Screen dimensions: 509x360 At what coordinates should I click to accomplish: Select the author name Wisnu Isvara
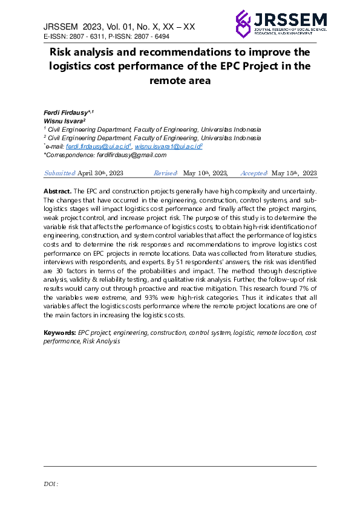pyautogui.click(x=62, y=122)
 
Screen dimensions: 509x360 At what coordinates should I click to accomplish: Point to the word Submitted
pyautogui.click(x=59, y=173)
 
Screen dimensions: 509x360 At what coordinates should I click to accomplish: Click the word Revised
pyautogui.click(x=165, y=173)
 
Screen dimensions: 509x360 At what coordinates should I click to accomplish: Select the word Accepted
pyautogui.click(x=254, y=173)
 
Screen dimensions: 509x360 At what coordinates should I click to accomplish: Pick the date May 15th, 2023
pyautogui.click(x=294, y=173)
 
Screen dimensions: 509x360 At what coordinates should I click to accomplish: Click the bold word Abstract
pyautogui.click(x=57, y=191)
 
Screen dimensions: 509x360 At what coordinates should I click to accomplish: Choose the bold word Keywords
pyautogui.click(x=60, y=333)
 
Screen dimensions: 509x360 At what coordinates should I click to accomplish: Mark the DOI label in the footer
pyautogui.click(x=51, y=484)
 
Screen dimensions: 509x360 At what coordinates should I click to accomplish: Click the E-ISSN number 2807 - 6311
pyautogui.click(x=86, y=37)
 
